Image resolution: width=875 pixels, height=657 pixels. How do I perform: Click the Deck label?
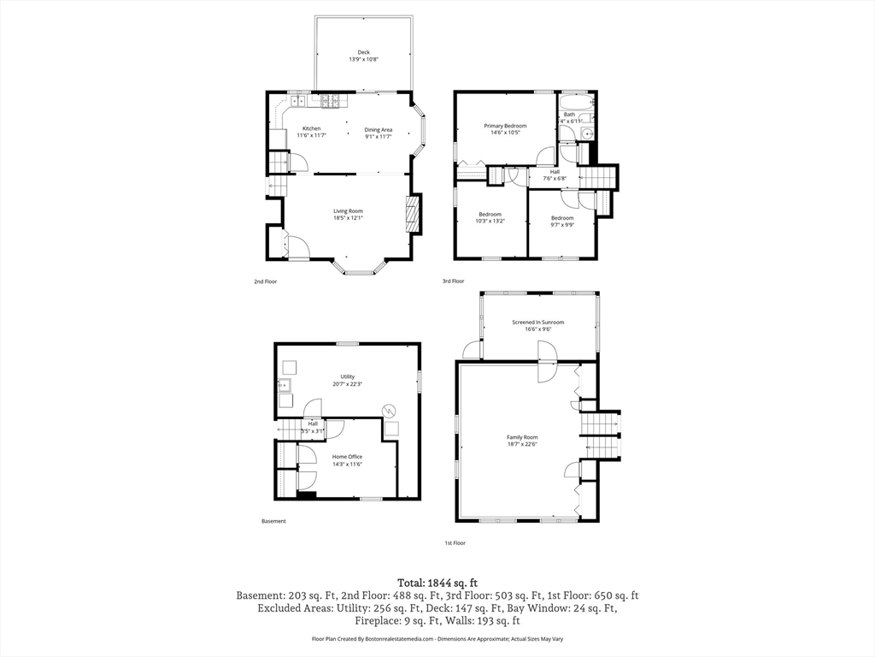tap(364, 56)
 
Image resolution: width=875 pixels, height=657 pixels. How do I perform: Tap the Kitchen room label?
tap(311, 132)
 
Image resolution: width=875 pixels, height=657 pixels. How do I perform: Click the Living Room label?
tap(348, 214)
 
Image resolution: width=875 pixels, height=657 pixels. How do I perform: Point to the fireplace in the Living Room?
tap(413, 214)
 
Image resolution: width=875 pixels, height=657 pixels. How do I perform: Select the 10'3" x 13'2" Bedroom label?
tap(490, 217)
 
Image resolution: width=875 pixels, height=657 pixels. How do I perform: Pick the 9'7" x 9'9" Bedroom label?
tap(561, 222)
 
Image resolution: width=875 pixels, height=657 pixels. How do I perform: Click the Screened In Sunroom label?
tap(537, 325)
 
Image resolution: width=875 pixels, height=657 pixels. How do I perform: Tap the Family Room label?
tap(522, 441)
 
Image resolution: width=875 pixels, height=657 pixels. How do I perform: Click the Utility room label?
tap(347, 380)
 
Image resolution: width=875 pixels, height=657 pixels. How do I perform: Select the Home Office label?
tap(347, 460)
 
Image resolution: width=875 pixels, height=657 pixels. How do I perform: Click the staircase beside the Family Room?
tap(600, 435)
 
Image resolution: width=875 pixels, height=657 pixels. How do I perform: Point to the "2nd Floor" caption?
tap(265, 281)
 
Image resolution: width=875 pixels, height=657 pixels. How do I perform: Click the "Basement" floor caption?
tap(273, 521)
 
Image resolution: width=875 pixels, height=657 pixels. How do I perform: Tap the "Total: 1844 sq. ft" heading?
tap(437, 582)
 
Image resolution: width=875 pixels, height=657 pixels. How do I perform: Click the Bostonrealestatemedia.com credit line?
tap(437, 639)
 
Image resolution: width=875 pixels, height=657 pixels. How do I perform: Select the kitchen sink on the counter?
tap(296, 101)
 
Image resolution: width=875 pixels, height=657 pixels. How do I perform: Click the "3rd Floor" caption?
tap(453, 281)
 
